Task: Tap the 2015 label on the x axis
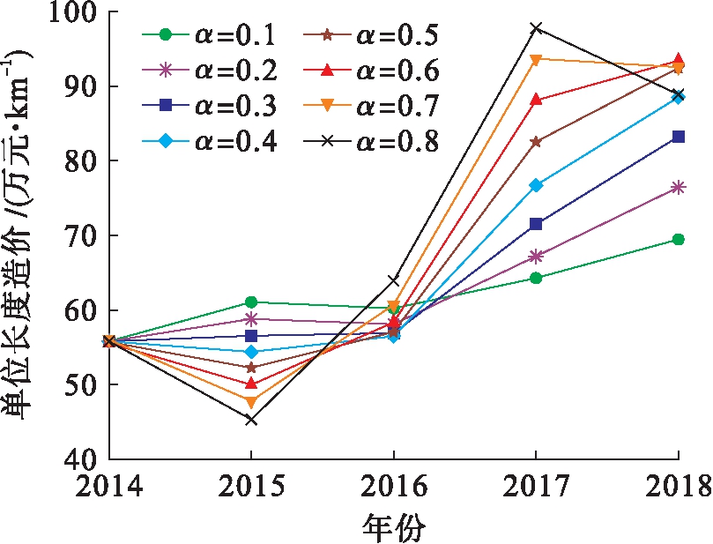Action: [251, 488]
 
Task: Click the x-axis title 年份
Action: [393, 527]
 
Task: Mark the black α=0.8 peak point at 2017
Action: [536, 28]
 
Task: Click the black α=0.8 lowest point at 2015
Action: [251, 420]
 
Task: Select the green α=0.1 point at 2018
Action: [678, 239]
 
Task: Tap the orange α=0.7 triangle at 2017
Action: [536, 60]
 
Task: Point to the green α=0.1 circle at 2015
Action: [251, 302]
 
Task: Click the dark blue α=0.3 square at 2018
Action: [678, 137]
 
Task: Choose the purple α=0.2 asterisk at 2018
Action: [678, 187]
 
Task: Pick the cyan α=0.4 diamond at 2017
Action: [536, 185]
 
